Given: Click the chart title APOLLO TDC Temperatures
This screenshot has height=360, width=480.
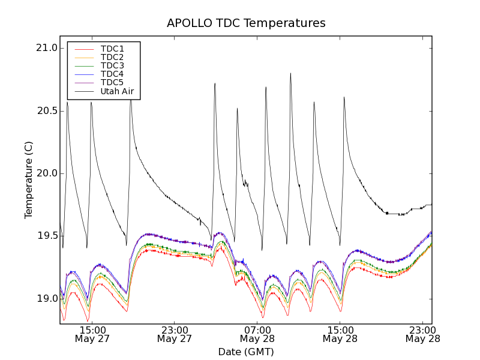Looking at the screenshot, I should (x=246, y=23).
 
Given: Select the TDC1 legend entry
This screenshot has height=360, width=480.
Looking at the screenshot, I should (x=112, y=49).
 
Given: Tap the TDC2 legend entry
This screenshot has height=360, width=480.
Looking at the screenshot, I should (x=112, y=57).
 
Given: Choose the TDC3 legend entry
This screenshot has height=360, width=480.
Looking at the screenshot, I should (x=112, y=65).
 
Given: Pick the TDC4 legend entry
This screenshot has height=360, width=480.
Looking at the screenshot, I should (x=112, y=74).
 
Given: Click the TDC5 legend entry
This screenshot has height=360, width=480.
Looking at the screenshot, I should (x=112, y=82).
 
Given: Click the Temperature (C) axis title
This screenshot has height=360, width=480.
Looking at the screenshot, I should (x=29, y=180).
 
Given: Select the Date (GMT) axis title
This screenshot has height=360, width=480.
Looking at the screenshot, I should (x=246, y=352).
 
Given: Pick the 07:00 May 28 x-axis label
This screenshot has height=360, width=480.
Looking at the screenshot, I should (x=257, y=334).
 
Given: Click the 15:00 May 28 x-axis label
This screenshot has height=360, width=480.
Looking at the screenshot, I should (x=340, y=334).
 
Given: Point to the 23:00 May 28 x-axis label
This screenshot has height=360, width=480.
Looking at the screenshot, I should (x=423, y=334).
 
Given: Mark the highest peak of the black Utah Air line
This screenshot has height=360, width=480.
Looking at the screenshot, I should (x=290, y=74).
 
